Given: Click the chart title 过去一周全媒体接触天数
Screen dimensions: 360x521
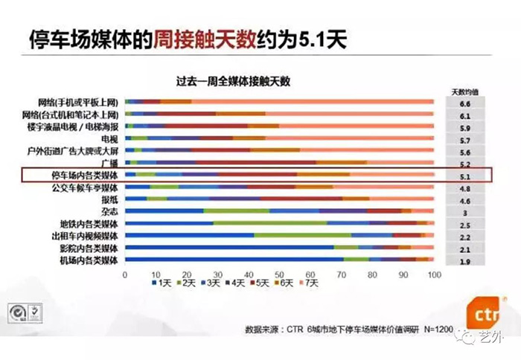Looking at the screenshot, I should tap(232, 79).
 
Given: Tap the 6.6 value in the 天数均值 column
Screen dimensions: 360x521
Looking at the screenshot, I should tap(464, 103).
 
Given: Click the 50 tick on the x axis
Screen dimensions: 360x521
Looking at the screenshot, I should tap(279, 275).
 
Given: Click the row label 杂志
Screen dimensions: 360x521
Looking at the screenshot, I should tap(107, 211).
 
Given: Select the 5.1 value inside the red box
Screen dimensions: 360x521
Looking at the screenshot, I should tap(464, 176).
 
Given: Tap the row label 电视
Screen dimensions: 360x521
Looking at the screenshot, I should tap(109, 139).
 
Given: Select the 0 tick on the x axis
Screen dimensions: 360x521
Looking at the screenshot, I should tap(125, 275).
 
